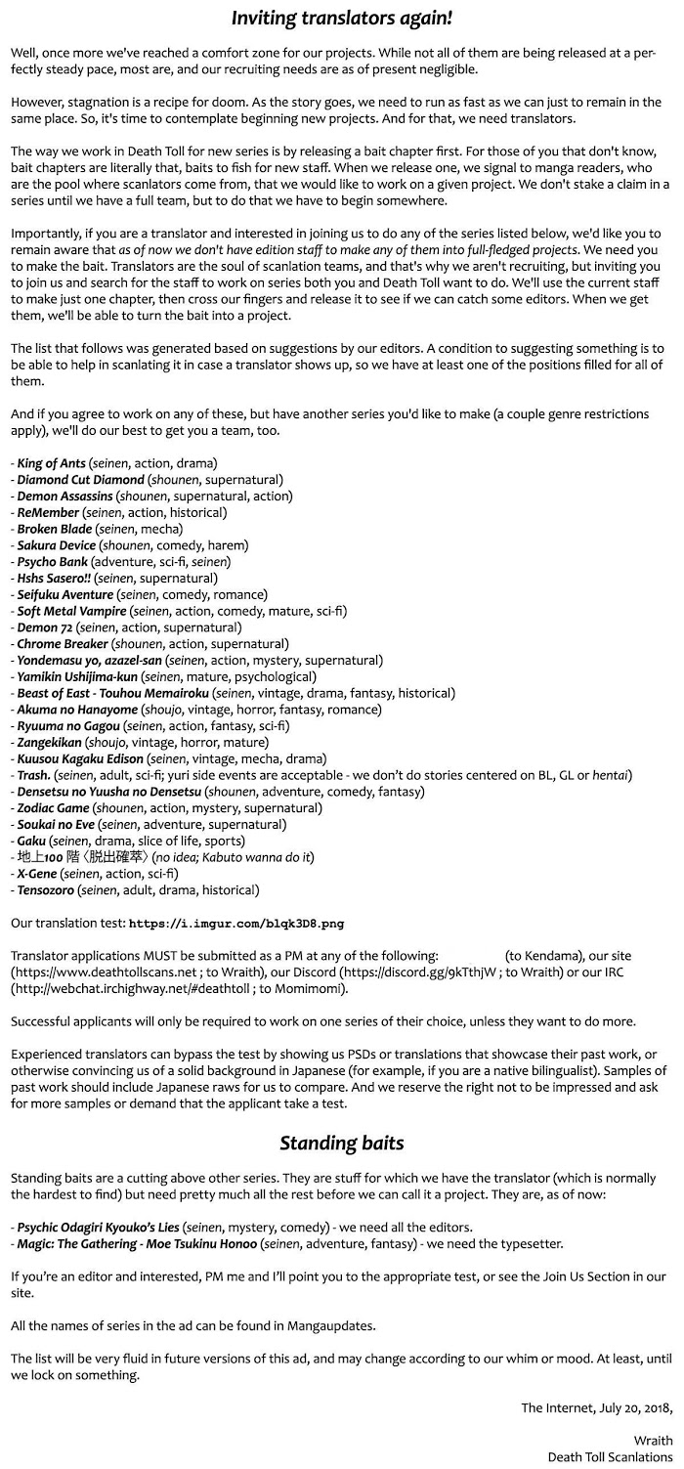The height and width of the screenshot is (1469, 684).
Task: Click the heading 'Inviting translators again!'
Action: (x=342, y=18)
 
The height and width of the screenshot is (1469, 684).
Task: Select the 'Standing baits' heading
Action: (x=342, y=1143)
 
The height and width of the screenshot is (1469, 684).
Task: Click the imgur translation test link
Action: (x=236, y=923)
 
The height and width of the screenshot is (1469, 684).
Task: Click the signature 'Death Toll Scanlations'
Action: (x=610, y=1456)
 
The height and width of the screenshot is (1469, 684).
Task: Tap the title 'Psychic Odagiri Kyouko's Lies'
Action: (x=99, y=1227)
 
